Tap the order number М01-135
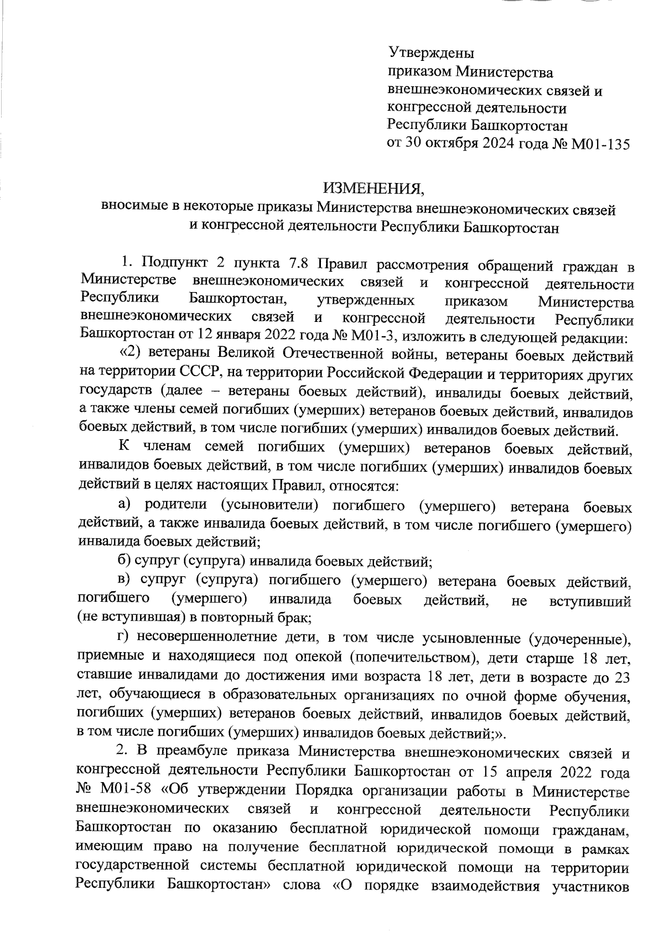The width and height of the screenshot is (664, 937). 600,144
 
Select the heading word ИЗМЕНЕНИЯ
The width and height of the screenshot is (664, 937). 373,190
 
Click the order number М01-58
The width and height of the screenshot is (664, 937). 129,788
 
